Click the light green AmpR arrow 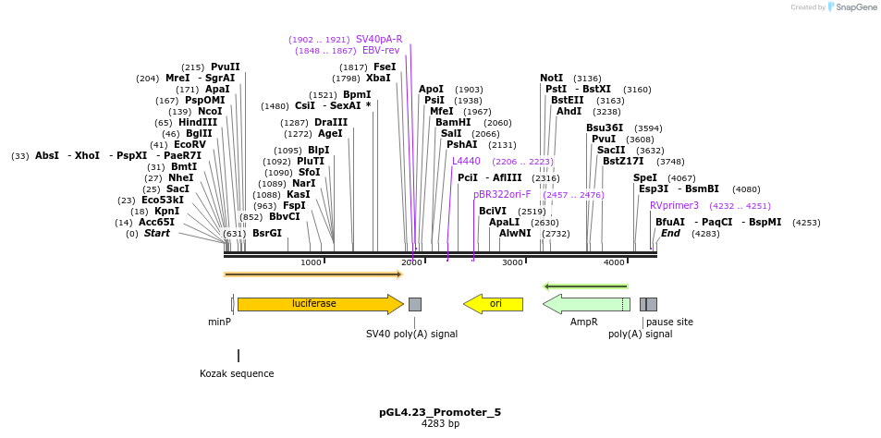point(585,304)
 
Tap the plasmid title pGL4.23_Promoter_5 point(440,412)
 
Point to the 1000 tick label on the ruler point(311,263)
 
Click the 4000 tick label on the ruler point(614,263)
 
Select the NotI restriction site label point(551,78)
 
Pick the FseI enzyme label point(385,67)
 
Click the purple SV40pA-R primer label point(379,39)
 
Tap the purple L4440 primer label point(466,161)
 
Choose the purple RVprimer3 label point(674,205)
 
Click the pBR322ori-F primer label point(502,194)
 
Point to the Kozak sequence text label point(237,374)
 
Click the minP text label point(219,322)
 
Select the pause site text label point(669,322)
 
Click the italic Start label point(156,233)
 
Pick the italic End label point(670,233)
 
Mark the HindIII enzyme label point(198,122)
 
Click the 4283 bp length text point(440,424)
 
